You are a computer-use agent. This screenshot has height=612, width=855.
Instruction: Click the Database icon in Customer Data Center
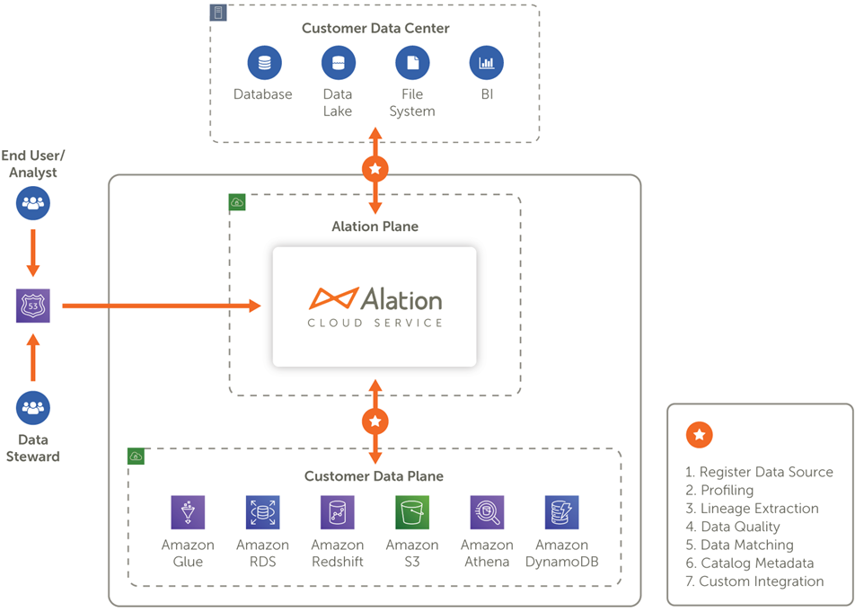tap(264, 63)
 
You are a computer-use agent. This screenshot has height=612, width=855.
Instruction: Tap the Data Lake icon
tap(338, 63)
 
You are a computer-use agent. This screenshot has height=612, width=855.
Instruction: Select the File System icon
tap(412, 63)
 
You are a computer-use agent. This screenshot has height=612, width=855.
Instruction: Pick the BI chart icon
tap(487, 63)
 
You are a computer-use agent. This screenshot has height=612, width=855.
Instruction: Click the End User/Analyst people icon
tap(32, 203)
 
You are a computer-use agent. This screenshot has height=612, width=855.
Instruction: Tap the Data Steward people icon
tap(32, 407)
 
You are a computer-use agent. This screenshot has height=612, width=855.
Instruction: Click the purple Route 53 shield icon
tap(32, 306)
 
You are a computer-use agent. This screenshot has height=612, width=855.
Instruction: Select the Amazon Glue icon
tap(188, 512)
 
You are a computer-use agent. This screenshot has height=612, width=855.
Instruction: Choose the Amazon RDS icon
tap(262, 512)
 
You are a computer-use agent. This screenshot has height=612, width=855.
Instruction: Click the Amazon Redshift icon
tap(338, 512)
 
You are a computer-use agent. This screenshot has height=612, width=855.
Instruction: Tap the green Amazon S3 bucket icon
tap(412, 512)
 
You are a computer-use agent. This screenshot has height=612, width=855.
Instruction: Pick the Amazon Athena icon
tap(487, 512)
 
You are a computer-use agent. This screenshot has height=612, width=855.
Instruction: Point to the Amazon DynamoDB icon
tap(561, 512)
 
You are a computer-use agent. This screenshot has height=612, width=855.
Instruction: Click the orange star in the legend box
tap(700, 435)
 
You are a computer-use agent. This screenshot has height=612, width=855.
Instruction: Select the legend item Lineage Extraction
tap(752, 509)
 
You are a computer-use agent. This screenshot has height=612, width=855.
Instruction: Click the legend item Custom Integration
tap(754, 581)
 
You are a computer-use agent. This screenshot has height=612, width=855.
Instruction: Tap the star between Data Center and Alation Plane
tap(375, 169)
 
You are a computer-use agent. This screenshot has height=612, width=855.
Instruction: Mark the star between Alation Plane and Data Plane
tap(375, 421)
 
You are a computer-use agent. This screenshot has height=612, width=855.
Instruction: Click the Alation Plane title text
tap(375, 226)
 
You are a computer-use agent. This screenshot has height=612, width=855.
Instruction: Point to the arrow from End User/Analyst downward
tap(32, 253)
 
